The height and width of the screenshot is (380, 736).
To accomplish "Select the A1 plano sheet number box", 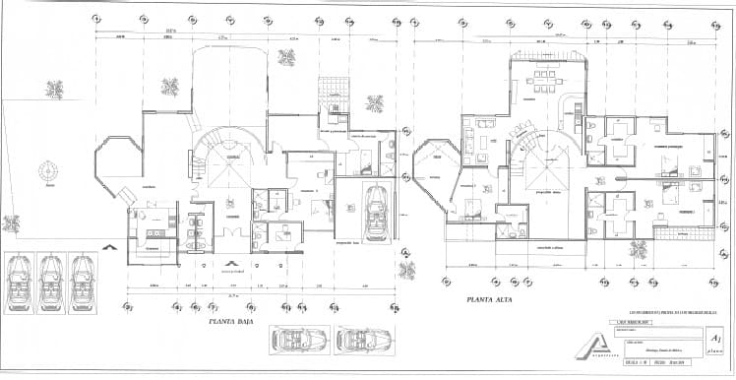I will click(717, 342).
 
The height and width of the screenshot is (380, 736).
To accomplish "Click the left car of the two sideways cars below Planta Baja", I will click(296, 340).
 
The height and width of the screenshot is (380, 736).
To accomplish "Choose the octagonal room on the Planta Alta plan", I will click(433, 161).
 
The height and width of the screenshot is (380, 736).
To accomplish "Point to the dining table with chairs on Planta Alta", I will click(540, 81).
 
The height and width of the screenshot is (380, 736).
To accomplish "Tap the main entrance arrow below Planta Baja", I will click(233, 264).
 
